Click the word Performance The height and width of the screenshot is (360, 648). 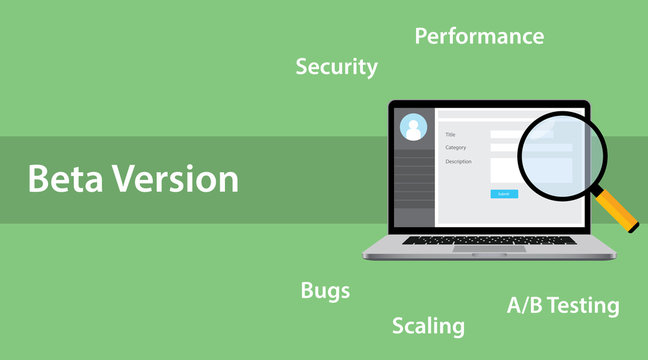[479, 37]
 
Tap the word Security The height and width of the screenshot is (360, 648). [336, 67]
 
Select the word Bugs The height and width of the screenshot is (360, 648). [325, 291]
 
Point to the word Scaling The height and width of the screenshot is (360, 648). [428, 326]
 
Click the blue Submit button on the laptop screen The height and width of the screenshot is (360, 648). [504, 193]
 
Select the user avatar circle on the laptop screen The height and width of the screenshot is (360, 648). [413, 128]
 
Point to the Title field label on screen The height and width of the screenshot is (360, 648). [450, 134]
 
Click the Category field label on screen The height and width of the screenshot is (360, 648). [455, 148]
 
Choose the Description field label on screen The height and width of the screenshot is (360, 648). [458, 161]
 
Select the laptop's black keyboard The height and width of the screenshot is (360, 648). [489, 240]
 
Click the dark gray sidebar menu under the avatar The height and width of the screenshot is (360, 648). [413, 185]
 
